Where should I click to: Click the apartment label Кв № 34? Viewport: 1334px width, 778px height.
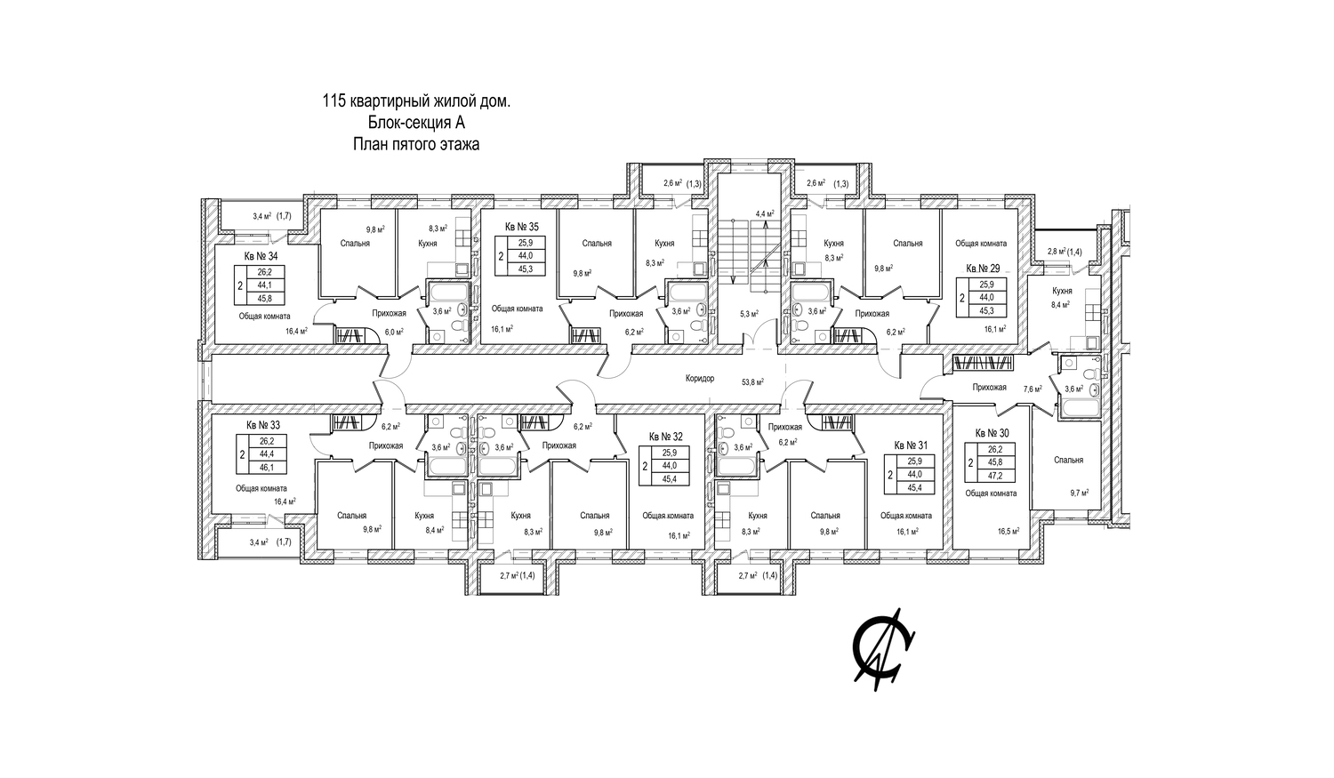point(261,256)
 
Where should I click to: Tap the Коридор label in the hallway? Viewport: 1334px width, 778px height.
point(700,379)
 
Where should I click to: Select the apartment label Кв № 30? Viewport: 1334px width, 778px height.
point(992,433)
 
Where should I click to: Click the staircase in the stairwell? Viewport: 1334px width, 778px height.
point(735,251)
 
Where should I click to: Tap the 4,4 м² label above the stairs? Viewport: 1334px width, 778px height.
point(765,214)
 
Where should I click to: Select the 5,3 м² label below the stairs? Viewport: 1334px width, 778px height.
point(750,313)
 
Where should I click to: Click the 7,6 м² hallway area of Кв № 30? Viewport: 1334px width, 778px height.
point(1033,389)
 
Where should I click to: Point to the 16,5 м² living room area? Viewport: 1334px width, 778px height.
point(1008,531)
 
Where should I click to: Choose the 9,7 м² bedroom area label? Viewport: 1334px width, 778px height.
point(1081,492)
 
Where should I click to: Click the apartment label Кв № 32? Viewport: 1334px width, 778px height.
point(665,437)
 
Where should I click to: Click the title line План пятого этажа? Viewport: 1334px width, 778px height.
point(416,144)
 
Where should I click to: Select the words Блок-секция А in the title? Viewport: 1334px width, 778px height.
point(416,123)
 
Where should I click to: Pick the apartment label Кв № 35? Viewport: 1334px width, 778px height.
point(521,228)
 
